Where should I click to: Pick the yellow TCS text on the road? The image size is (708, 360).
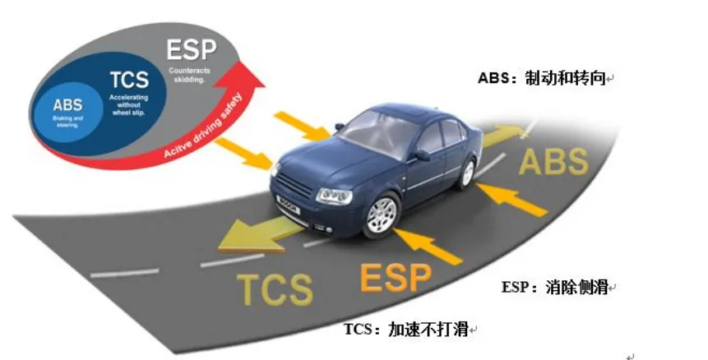274,288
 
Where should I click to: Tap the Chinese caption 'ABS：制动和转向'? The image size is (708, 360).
543,79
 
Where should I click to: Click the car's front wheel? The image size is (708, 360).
381,215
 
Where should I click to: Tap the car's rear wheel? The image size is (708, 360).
468,173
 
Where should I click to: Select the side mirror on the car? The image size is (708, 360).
422,155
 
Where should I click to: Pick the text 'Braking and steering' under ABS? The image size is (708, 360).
67,122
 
